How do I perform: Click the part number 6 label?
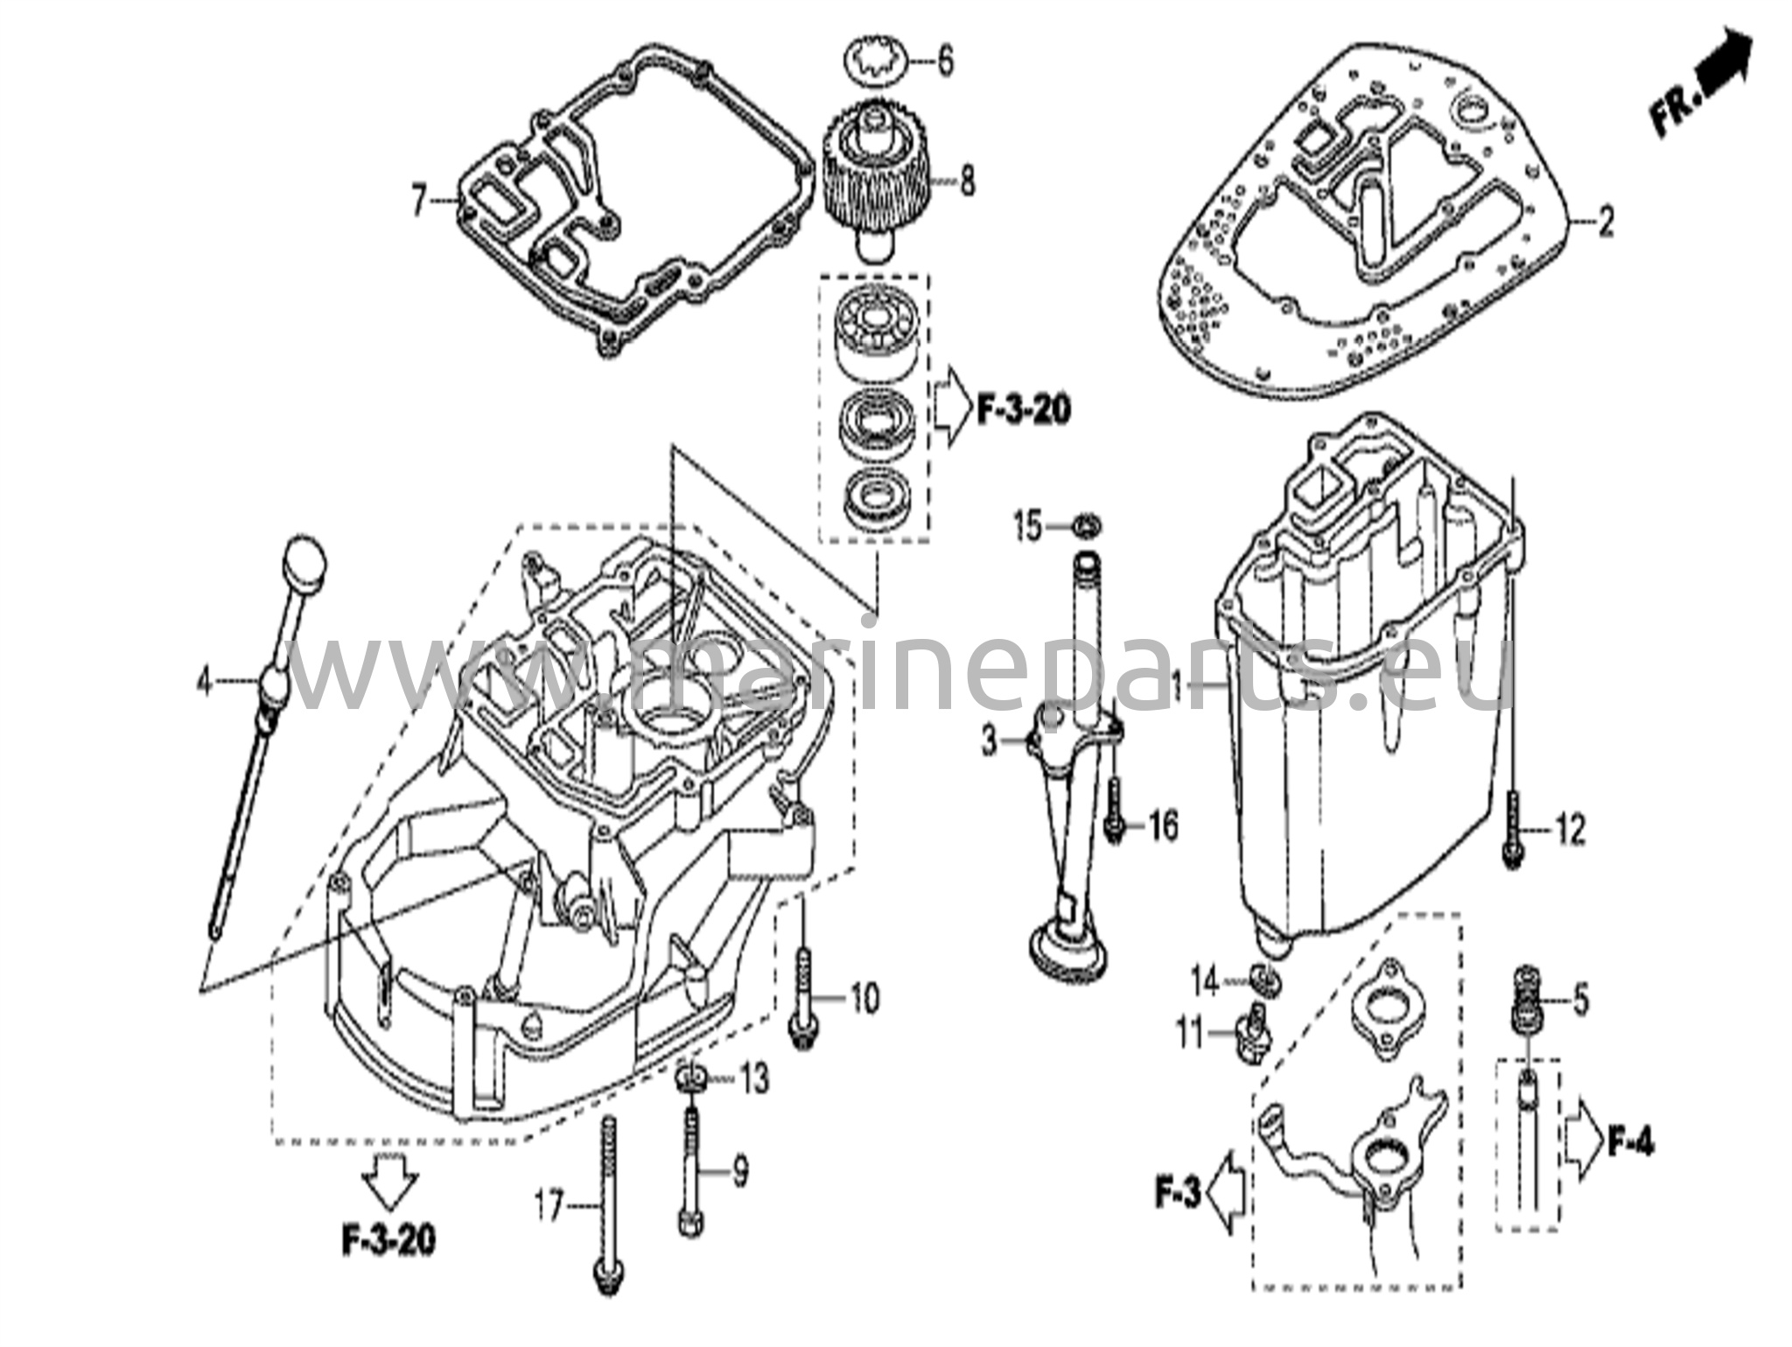945,63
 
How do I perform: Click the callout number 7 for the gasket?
420,203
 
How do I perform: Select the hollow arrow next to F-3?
1228,1191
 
